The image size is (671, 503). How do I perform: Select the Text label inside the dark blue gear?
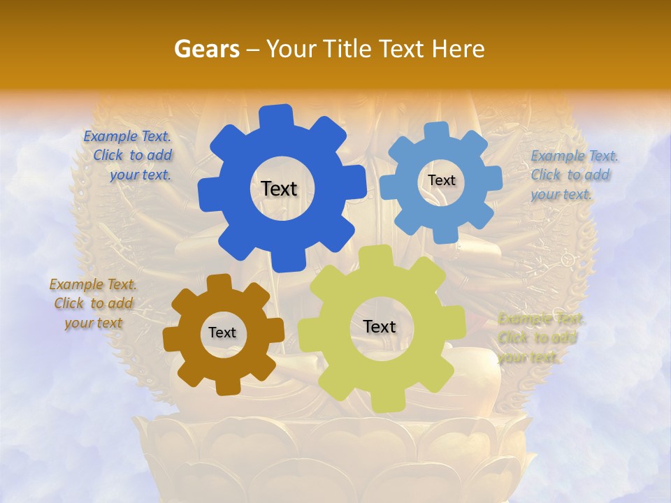(279, 189)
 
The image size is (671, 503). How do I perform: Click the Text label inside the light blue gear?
(441, 180)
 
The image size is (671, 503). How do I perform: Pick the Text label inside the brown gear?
(222, 333)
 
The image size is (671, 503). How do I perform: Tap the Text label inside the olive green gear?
(380, 327)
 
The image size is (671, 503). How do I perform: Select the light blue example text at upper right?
(573, 175)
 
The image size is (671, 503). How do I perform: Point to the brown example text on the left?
(93, 303)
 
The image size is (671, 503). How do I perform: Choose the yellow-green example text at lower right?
(540, 338)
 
